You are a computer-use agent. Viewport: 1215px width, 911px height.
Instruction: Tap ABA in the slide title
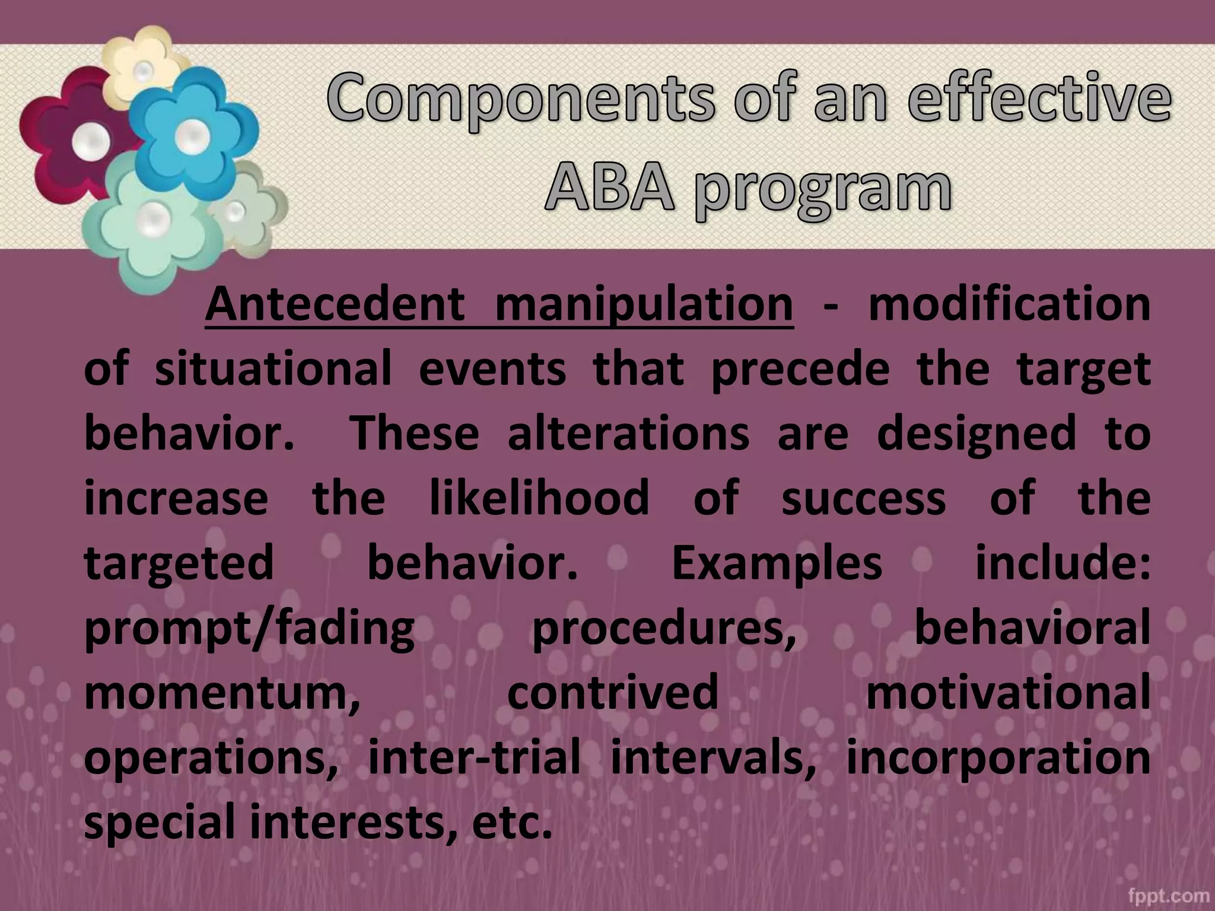[x=609, y=189]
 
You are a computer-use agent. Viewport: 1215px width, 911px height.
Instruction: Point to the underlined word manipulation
[x=644, y=305]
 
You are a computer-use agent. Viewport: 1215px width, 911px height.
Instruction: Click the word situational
[x=273, y=369]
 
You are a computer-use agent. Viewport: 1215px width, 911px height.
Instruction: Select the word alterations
[x=629, y=433]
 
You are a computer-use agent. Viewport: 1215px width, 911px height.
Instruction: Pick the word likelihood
[x=539, y=498]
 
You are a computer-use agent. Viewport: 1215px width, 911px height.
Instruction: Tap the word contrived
[x=612, y=693]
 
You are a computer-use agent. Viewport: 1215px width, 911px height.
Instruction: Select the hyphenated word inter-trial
[x=474, y=757]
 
